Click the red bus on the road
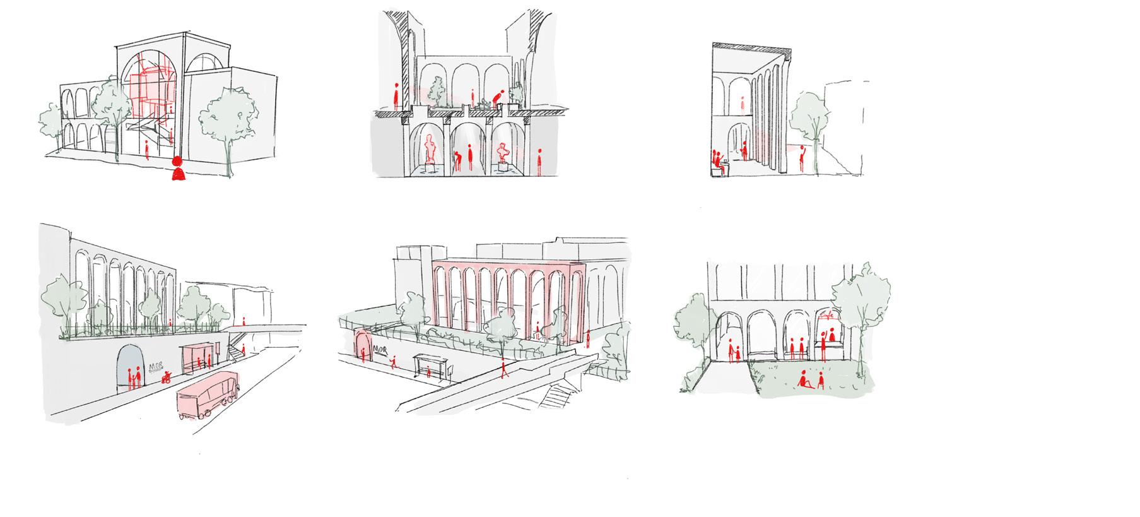207,394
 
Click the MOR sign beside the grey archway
155,367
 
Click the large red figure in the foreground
179,169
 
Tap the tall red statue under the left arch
432,148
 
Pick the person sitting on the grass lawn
805,381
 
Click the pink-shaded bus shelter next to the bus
195,358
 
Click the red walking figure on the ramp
503,368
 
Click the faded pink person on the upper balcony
742,105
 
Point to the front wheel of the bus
206,414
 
